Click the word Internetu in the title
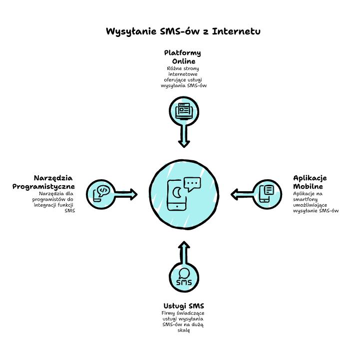pyautogui.click(x=236, y=31)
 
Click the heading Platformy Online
pyautogui.click(x=183, y=57)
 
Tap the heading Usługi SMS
pyautogui.click(x=184, y=306)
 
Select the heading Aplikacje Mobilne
pyautogui.click(x=310, y=182)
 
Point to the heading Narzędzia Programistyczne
pyautogui.click(x=43, y=182)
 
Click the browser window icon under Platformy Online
pyautogui.click(x=184, y=111)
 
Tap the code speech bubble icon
pyautogui.click(x=101, y=194)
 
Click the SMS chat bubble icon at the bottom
pyautogui.click(x=184, y=277)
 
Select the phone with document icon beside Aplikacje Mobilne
pyautogui.click(x=266, y=194)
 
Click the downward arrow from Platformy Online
pyautogui.click(x=184, y=136)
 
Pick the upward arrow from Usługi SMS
pyautogui.click(x=184, y=252)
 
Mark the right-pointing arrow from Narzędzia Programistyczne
pyautogui.click(x=126, y=194)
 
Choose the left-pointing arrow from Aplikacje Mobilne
pyautogui.click(x=242, y=194)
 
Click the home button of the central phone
pyautogui.click(x=177, y=207)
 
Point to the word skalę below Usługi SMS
pyautogui.click(x=184, y=331)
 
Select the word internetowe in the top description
pyautogui.click(x=183, y=74)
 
